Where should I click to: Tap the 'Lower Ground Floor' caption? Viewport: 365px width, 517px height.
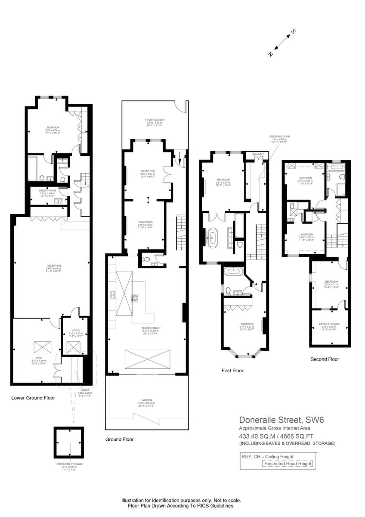coord(33,398)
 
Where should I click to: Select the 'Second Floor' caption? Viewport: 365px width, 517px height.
coord(325,359)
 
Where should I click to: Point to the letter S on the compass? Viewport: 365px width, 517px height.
coord(294,32)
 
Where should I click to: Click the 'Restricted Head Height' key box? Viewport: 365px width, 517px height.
coord(288,464)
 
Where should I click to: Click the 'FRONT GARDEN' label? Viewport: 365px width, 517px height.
coord(155,120)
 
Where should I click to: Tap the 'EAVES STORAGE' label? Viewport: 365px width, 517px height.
coord(331,324)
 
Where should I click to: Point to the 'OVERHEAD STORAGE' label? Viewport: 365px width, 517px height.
coord(69,464)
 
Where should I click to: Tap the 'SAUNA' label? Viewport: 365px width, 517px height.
coord(85,390)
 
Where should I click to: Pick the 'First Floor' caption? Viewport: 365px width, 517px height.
coord(232,370)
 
